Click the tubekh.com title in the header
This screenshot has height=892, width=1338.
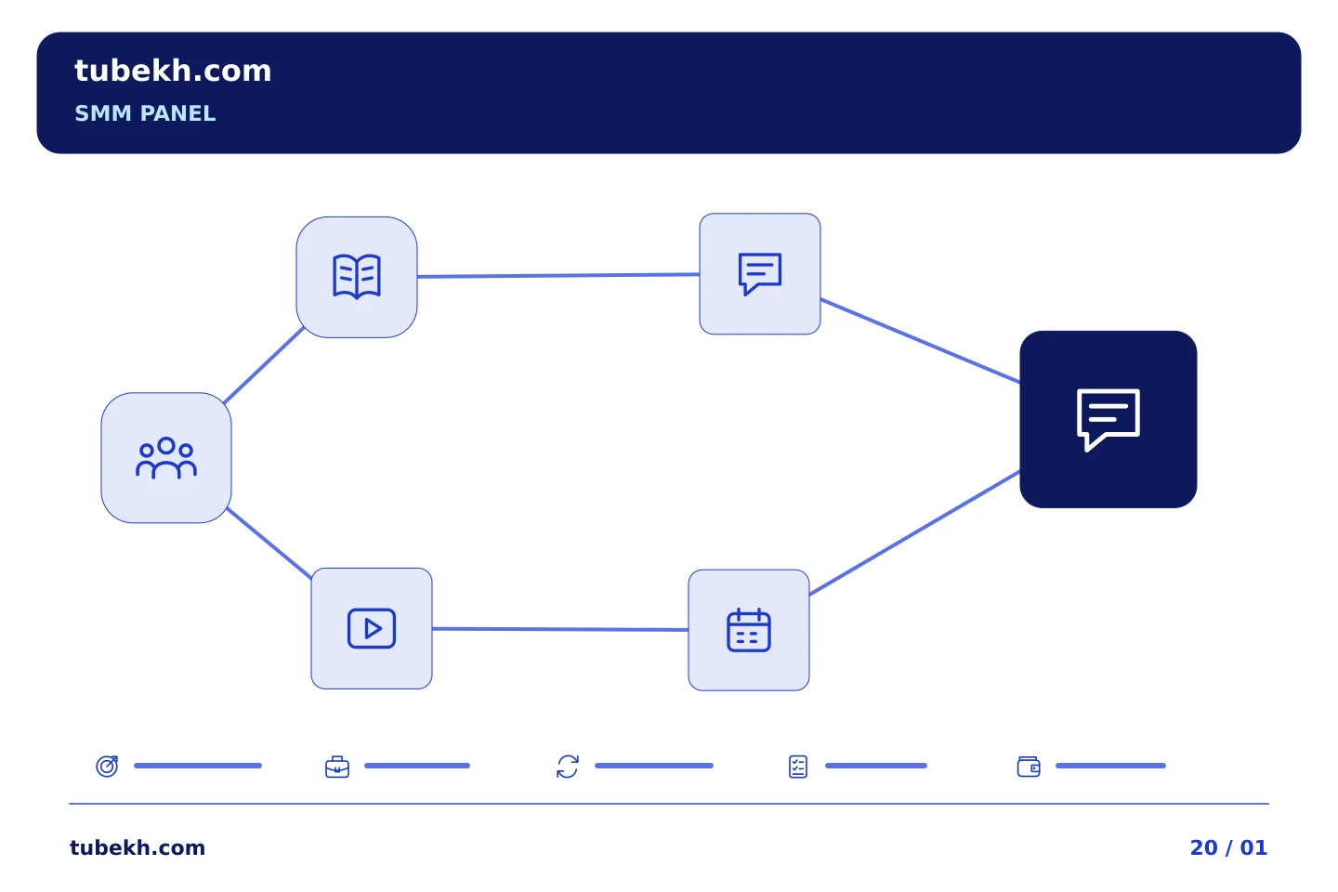[173, 71]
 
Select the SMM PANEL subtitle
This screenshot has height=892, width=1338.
[145, 113]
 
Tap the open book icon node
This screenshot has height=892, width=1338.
[357, 277]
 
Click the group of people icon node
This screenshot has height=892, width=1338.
[166, 458]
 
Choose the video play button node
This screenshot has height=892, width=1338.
[372, 628]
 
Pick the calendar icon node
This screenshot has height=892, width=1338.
[749, 630]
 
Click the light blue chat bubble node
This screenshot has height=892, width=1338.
[760, 273]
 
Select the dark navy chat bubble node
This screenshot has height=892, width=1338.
[1108, 419]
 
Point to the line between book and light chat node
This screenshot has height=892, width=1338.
[557, 275]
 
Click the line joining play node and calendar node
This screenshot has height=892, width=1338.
[560, 629]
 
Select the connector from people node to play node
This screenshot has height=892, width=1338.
[269, 543]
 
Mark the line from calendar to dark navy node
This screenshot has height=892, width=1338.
[914, 533]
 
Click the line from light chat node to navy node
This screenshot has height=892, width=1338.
[920, 340]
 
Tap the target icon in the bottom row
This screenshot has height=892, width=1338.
[108, 766]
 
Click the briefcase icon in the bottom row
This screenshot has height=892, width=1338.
[337, 767]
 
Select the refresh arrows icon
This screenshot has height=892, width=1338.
[568, 767]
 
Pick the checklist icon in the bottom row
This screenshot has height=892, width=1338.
[798, 767]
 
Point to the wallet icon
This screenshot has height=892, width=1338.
[1029, 767]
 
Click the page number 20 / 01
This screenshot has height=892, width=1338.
[1228, 847]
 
